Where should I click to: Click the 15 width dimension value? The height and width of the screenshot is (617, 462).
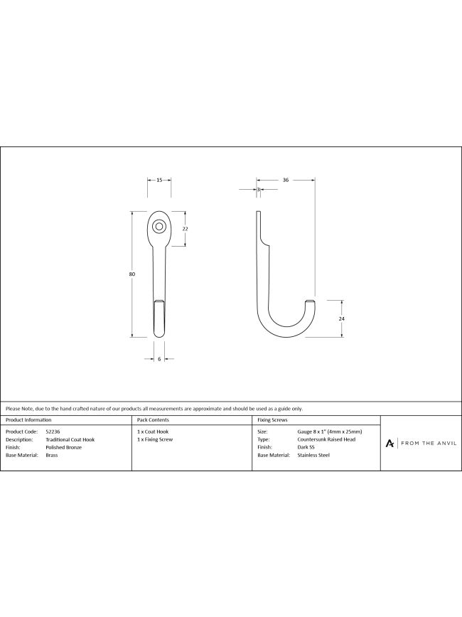159,181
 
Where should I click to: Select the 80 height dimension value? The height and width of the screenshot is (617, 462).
131,274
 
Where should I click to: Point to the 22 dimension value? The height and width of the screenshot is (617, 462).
186,229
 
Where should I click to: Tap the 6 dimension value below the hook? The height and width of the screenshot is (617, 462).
159,359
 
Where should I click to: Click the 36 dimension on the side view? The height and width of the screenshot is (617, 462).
286,181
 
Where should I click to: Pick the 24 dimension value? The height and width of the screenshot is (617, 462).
341,318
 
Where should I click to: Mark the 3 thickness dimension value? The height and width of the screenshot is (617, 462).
259,190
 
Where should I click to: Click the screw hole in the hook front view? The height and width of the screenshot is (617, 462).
159,226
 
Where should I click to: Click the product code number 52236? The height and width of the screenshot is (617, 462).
53,431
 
